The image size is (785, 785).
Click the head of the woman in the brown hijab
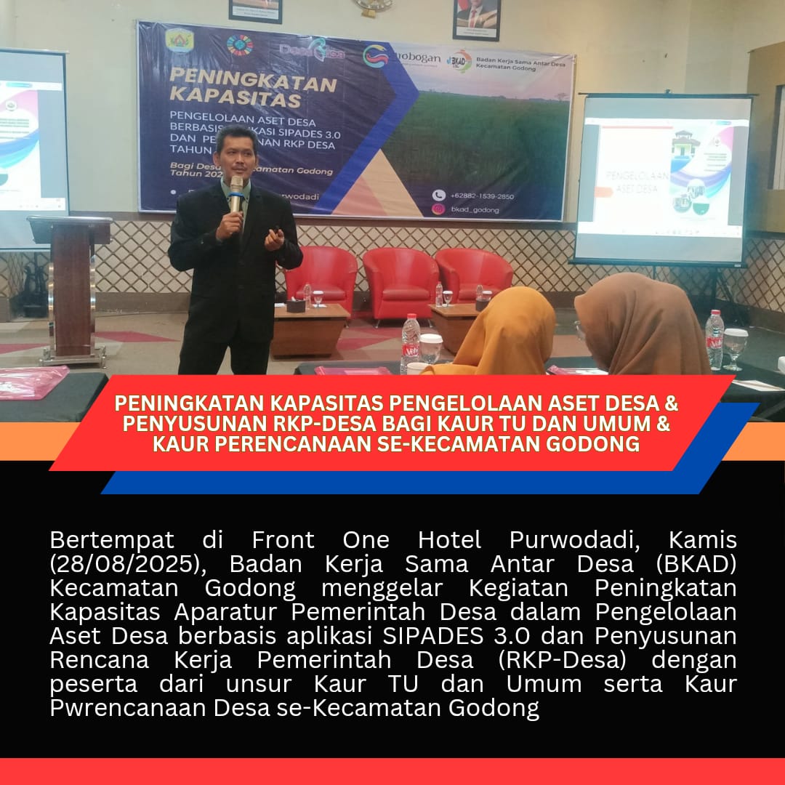[x=640, y=320]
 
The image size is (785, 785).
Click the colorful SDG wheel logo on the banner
[x=239, y=45]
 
